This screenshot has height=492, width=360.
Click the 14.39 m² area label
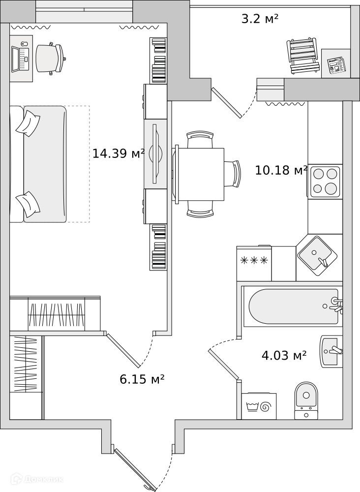[119, 154]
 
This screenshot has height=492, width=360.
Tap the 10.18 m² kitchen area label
[281, 170]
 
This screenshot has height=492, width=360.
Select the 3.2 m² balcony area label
[260, 19]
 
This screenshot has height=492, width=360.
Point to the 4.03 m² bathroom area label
[284, 356]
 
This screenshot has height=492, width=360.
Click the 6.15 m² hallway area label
[142, 379]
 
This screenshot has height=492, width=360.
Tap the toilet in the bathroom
[306, 400]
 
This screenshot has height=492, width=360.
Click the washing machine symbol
[259, 406]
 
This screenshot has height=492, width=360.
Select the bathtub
[294, 306]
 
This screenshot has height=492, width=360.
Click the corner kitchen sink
[317, 256]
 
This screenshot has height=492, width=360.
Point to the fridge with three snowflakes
[254, 263]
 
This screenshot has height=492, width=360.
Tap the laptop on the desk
[20, 59]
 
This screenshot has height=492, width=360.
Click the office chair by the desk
[50, 59]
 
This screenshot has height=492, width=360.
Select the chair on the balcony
[303, 56]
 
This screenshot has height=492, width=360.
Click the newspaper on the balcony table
[336, 65]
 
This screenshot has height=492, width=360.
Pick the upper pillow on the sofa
[28, 123]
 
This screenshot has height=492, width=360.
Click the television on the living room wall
[155, 154]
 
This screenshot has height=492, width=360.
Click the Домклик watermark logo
[37, 479]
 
